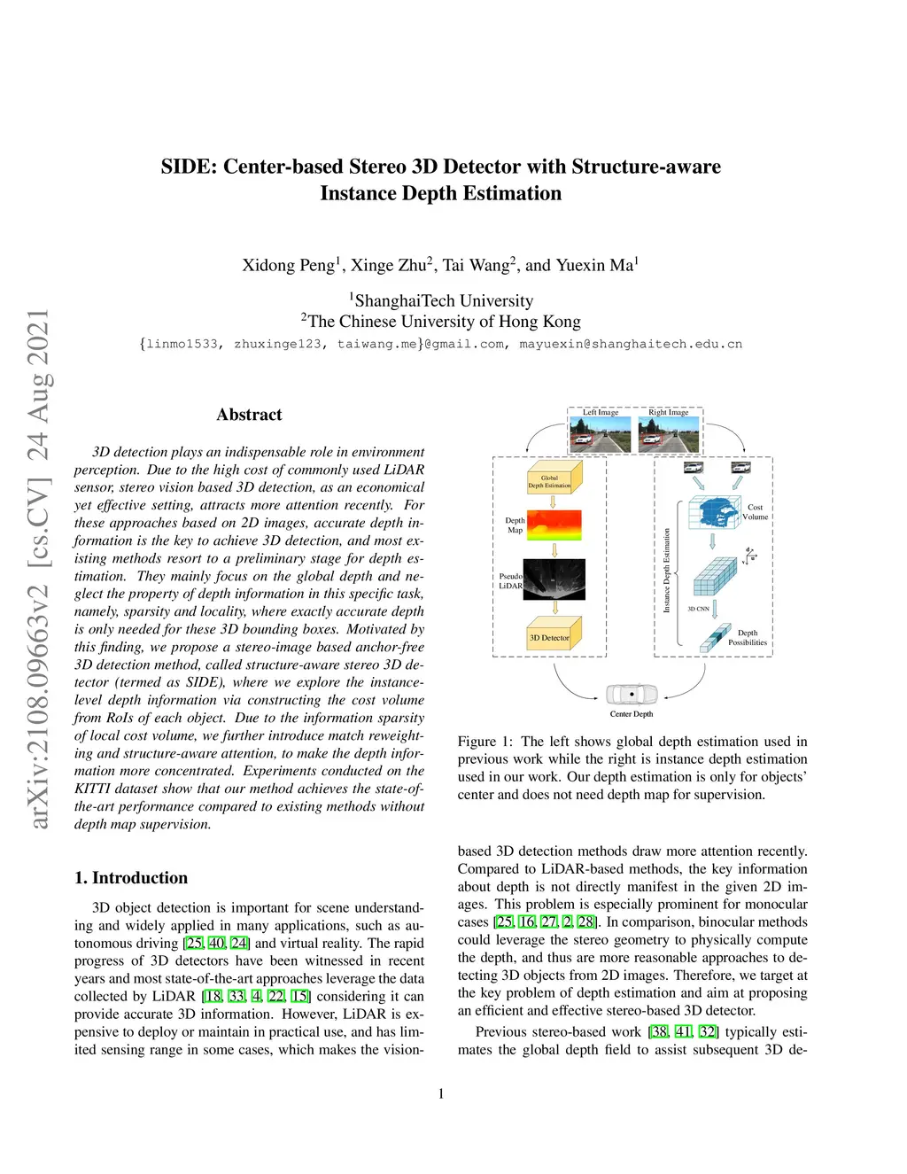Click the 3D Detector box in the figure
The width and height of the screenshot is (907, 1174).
click(x=550, y=636)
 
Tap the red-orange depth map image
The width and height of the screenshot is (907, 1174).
click(x=554, y=525)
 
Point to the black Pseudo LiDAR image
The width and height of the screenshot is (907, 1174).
click(x=554, y=579)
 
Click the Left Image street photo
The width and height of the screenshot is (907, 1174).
click(x=601, y=434)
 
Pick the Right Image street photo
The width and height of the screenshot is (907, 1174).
click(x=669, y=434)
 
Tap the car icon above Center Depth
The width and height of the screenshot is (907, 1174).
click(x=632, y=694)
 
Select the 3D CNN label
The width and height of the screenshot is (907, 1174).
click(x=698, y=609)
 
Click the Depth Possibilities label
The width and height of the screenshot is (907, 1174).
click(x=748, y=638)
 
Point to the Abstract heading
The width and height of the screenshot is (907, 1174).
click(x=249, y=415)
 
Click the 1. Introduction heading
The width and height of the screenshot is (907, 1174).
click(x=131, y=878)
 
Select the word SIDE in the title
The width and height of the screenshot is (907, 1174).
click(x=189, y=167)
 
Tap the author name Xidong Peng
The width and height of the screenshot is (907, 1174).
click(x=289, y=265)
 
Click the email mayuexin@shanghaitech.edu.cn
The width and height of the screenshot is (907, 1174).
click(x=631, y=344)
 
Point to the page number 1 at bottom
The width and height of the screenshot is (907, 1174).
click(x=441, y=1094)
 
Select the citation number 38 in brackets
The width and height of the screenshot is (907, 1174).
click(x=659, y=1031)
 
